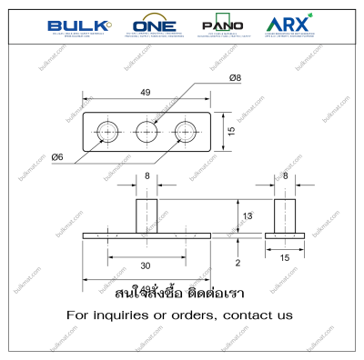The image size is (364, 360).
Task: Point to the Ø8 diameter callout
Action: point(237,78)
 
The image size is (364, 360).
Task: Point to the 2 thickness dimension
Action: point(238,264)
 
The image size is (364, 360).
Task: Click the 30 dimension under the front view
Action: point(147,265)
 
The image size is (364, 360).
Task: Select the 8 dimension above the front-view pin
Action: point(147,176)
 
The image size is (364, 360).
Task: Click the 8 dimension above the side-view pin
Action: point(285,176)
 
